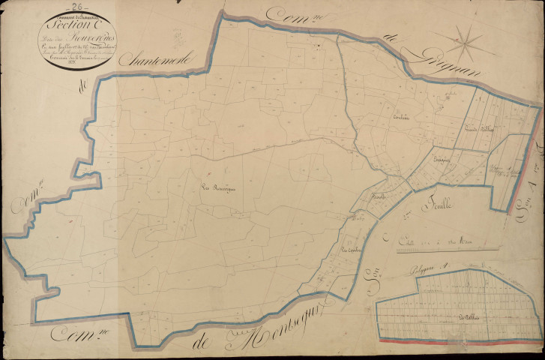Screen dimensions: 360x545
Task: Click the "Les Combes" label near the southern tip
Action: click(351, 250)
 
